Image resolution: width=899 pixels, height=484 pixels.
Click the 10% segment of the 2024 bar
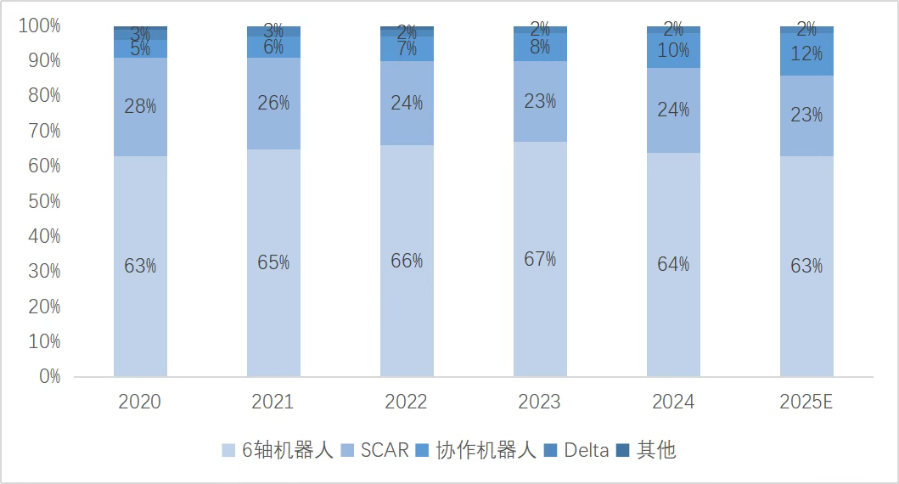(x=673, y=51)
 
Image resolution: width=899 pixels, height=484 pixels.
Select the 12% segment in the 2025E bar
(x=806, y=54)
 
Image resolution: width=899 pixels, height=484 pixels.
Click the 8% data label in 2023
(x=540, y=48)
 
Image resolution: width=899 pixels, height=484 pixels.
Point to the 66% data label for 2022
(x=407, y=261)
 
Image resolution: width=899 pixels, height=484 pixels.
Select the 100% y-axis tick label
(x=39, y=26)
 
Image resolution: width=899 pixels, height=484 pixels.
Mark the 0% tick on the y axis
(x=49, y=376)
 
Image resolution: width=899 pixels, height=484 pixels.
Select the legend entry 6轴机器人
(x=280, y=451)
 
